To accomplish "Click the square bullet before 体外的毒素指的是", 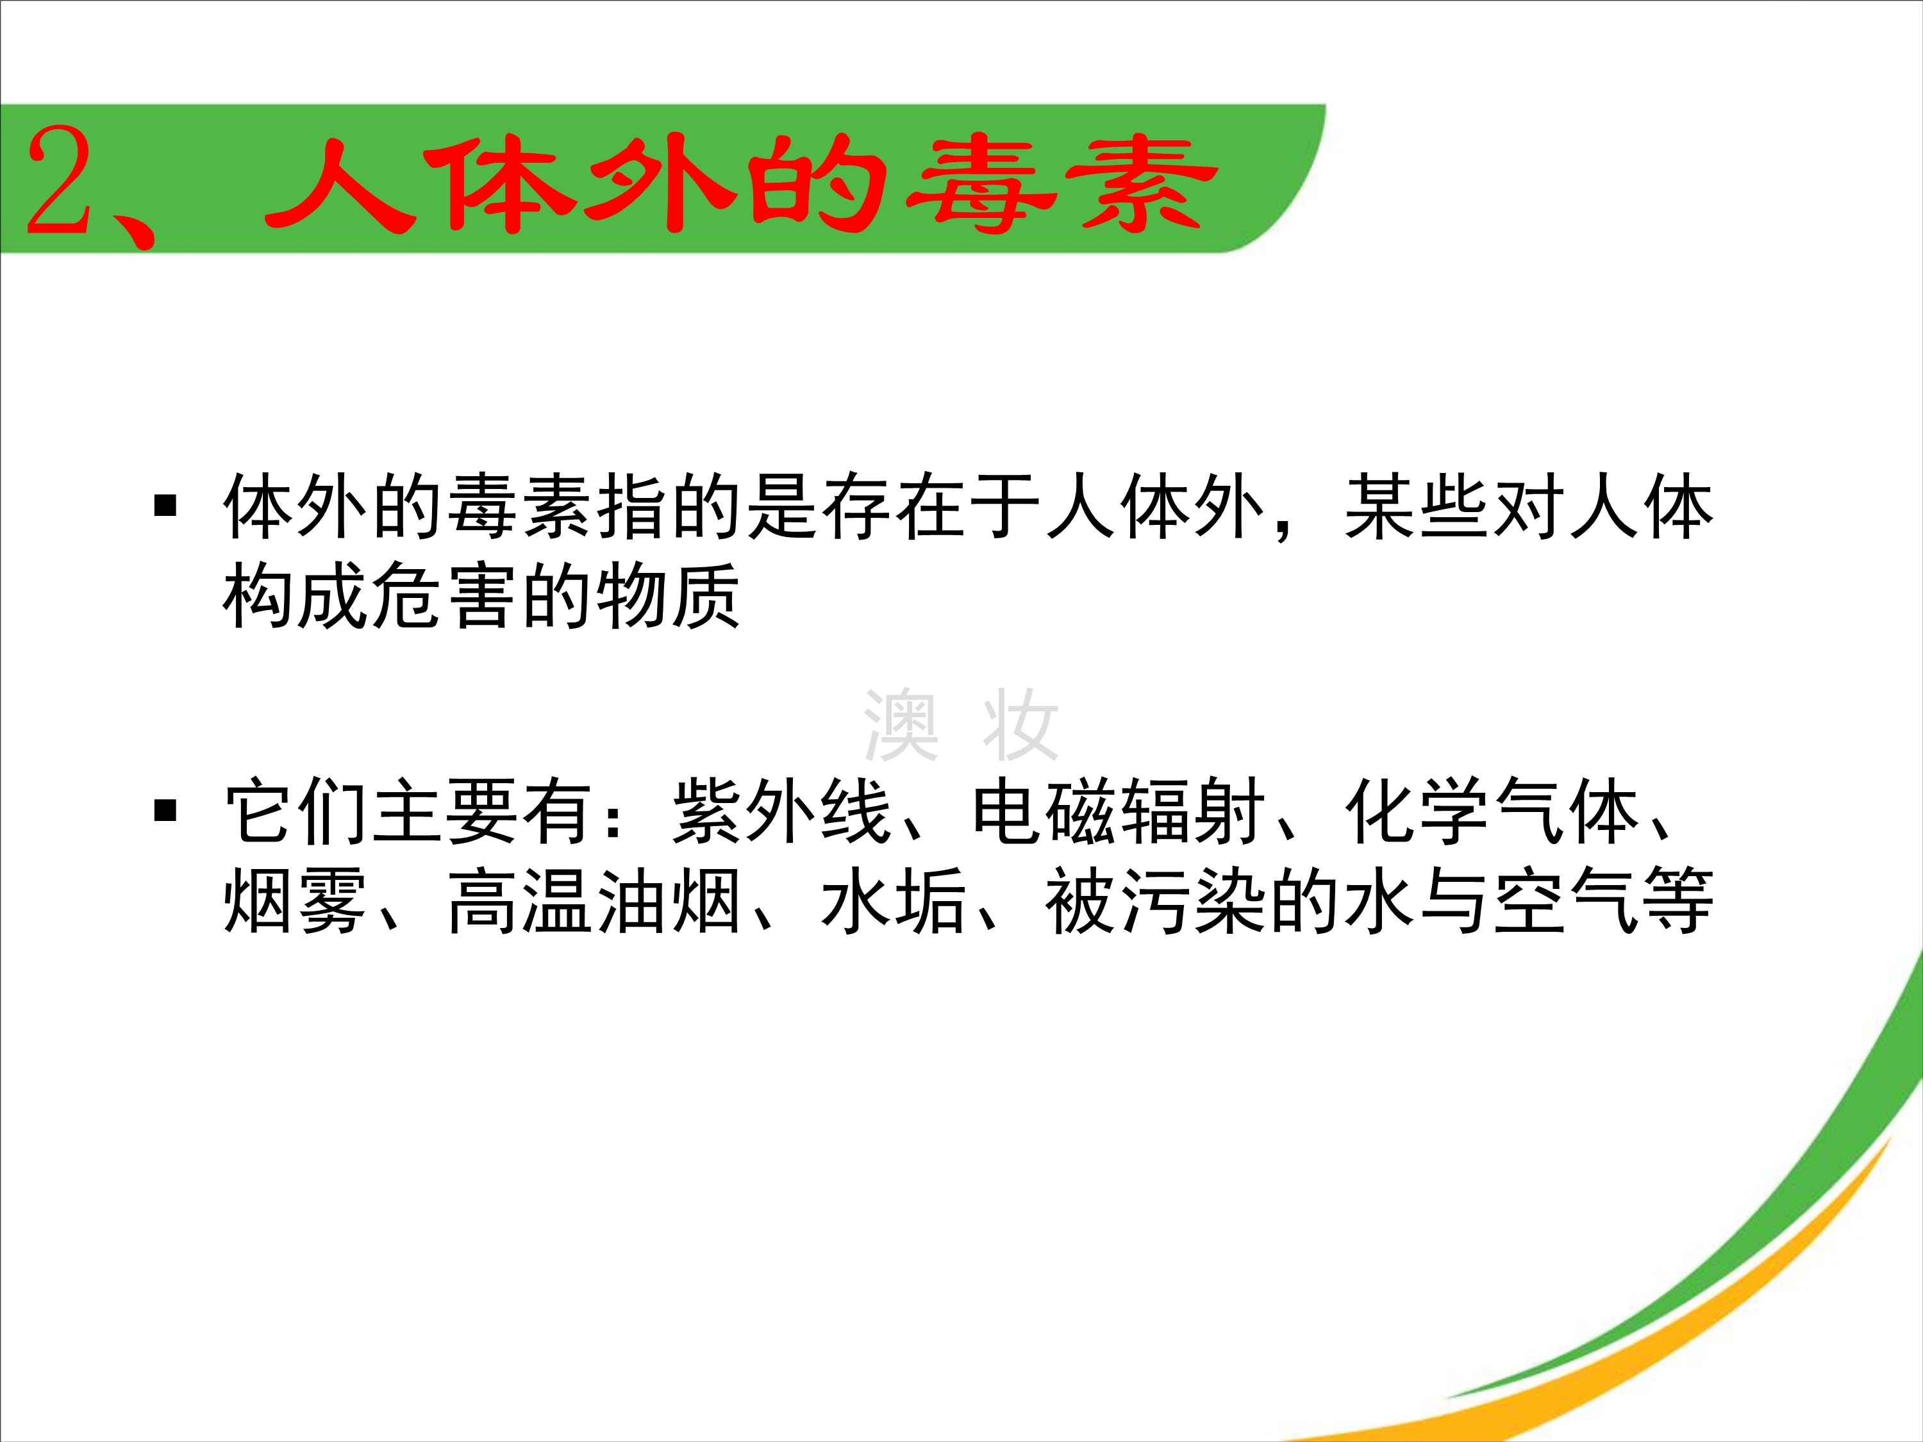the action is pyautogui.click(x=165, y=505).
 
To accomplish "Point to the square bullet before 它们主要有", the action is pyautogui.click(x=165, y=810).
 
